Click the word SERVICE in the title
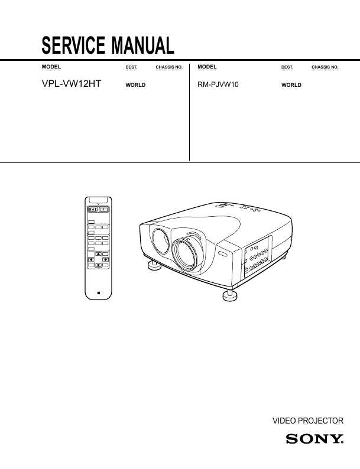point(73,45)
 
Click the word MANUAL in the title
point(142,45)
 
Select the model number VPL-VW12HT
point(72,84)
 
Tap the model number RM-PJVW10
point(218,84)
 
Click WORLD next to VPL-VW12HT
point(135,85)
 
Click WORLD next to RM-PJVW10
point(291,85)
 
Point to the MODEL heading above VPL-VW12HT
point(51,67)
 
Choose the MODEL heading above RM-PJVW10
point(207,67)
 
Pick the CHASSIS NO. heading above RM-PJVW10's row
point(325,67)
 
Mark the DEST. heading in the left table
point(131,67)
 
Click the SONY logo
point(314,439)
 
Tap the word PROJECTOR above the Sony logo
point(320,421)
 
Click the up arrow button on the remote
point(99,254)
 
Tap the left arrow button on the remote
point(91,260)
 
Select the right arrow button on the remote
point(105,260)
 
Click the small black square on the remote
point(99,293)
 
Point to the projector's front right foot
point(230,295)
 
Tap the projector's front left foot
point(154,265)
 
